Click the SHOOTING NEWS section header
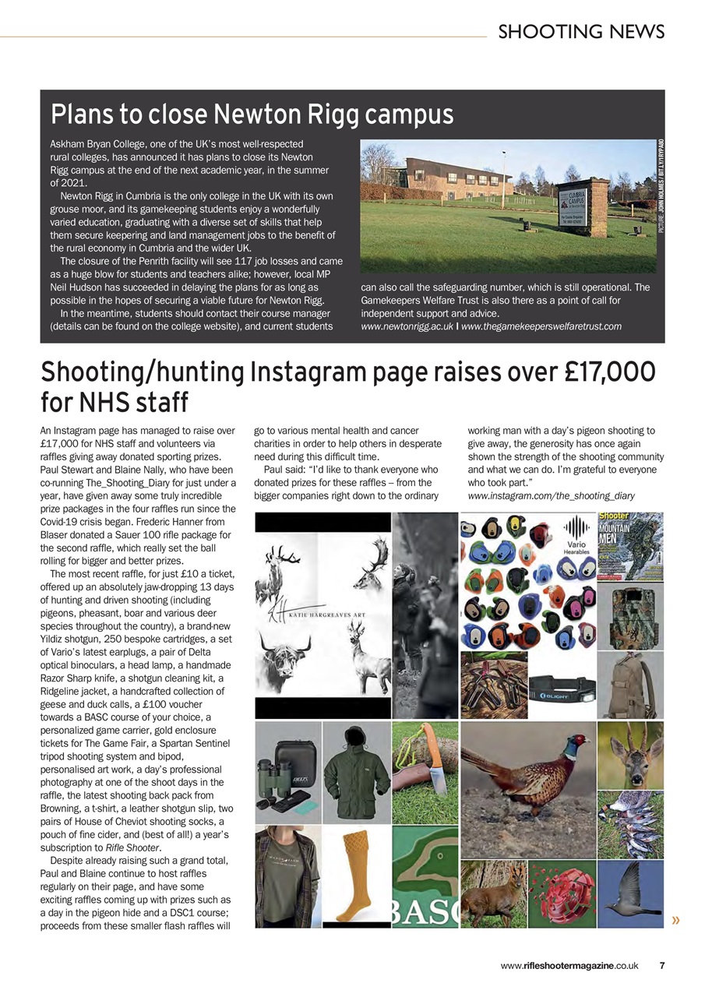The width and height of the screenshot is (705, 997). pos(581,31)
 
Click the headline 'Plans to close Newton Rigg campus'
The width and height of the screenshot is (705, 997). pos(252,114)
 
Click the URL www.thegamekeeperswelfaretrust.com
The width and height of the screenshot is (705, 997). pos(541,326)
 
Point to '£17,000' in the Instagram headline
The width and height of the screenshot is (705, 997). pos(605,374)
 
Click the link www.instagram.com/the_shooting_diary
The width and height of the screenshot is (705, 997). pos(551,495)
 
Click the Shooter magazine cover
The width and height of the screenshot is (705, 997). pos(630,545)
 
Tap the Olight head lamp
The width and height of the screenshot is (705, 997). pos(562,689)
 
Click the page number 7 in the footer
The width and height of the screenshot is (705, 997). pos(662,966)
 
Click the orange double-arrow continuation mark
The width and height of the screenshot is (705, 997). pos(675,921)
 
